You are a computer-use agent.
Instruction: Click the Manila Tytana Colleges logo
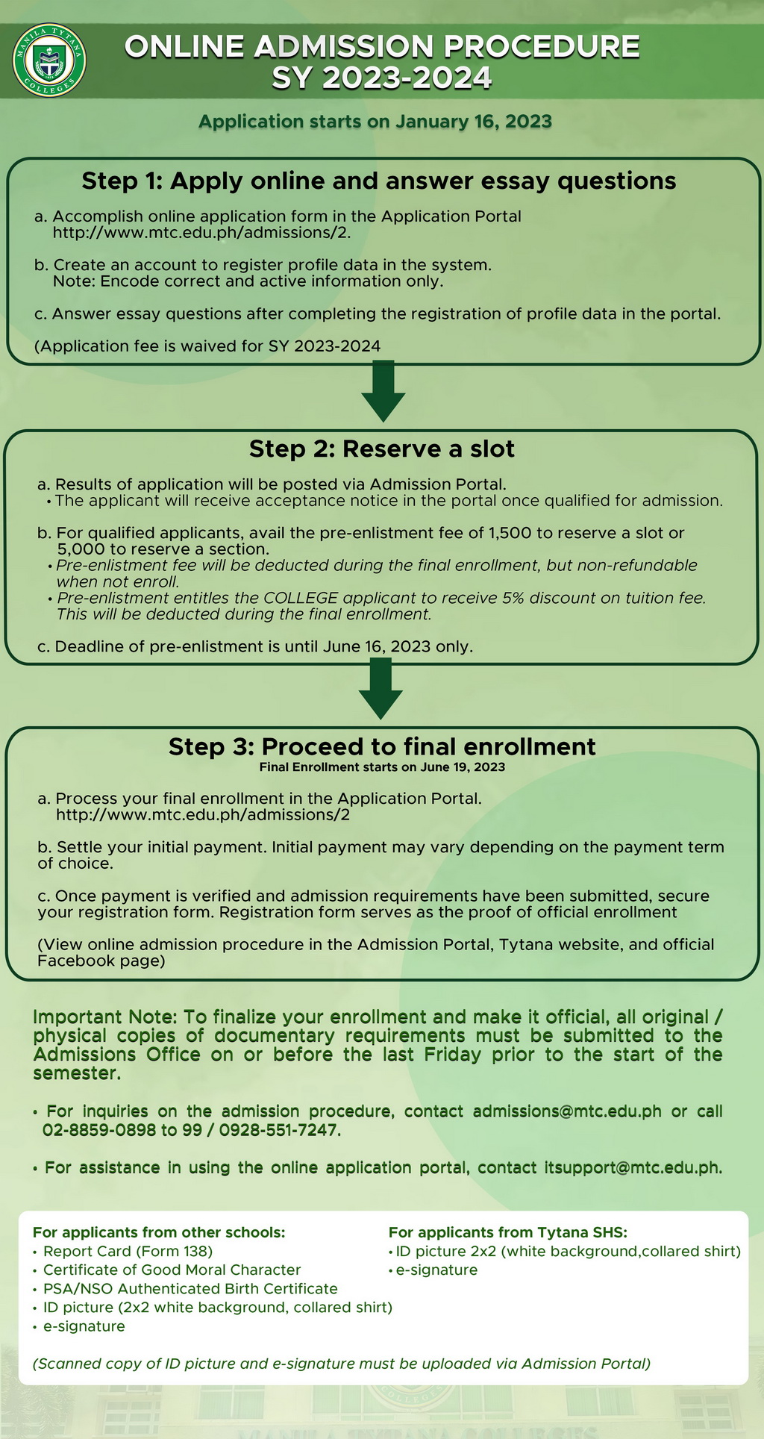coord(50,60)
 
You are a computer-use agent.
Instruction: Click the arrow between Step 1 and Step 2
coord(383,391)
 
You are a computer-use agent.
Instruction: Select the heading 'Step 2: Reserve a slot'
coord(382,449)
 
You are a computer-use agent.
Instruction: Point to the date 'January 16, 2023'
coord(474,122)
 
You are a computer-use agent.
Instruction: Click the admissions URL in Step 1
coord(201,232)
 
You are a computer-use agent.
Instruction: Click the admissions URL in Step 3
coord(203,814)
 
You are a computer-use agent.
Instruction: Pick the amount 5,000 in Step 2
coord(81,549)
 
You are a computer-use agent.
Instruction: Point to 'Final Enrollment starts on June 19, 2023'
coord(382,767)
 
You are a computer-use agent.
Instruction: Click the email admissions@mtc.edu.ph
coord(567,1111)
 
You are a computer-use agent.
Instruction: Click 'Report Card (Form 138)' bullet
coord(128,1252)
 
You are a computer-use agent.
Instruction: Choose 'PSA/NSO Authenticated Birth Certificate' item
coord(190,1289)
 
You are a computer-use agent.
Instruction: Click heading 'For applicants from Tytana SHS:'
coord(508,1232)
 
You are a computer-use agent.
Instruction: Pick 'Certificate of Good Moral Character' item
coord(172,1270)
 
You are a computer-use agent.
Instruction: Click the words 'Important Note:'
coord(105,1017)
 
